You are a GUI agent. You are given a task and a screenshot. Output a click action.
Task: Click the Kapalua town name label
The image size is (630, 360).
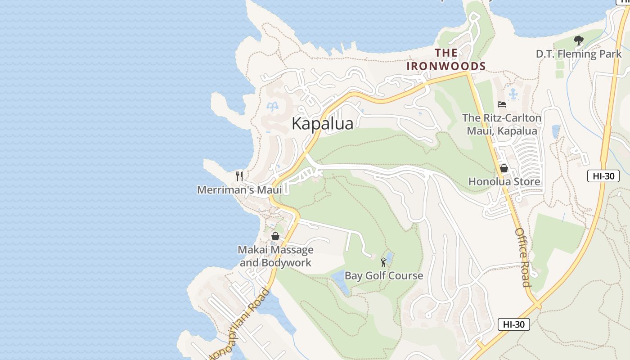pyautogui.click(x=322, y=123)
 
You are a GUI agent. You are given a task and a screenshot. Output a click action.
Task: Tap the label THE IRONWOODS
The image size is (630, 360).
pyautogui.click(x=446, y=59)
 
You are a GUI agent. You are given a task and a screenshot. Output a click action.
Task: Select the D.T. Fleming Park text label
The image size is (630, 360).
pyautogui.click(x=578, y=54)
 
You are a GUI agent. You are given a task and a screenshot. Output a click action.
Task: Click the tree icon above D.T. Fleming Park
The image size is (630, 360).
pyautogui.click(x=578, y=41)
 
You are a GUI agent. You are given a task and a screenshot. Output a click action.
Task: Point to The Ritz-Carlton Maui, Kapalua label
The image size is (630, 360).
pyautogui.click(x=502, y=124)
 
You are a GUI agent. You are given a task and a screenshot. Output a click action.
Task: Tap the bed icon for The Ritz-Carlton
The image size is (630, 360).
pyautogui.click(x=502, y=104)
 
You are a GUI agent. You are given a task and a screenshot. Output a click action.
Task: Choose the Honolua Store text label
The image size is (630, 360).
pyautogui.click(x=504, y=181)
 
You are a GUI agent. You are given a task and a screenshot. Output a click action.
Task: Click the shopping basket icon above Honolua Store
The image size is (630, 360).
pyautogui.click(x=504, y=168)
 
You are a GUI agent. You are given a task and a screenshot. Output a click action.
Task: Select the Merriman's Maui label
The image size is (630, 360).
pyautogui.click(x=239, y=189)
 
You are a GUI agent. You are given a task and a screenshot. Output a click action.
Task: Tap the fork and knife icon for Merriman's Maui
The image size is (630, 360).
pyautogui.click(x=239, y=176)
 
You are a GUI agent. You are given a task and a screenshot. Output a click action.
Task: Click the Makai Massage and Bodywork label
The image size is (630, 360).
pyautogui.click(x=275, y=256)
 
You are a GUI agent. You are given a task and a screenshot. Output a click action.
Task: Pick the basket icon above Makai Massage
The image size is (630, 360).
pyautogui.click(x=275, y=236)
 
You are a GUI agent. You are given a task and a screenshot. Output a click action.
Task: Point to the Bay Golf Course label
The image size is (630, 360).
pyautogui.click(x=384, y=275)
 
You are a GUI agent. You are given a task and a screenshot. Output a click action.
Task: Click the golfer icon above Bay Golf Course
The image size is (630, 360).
pyautogui.click(x=383, y=262)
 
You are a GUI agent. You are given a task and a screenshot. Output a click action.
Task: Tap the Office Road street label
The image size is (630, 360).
pyautogui.click(x=522, y=257)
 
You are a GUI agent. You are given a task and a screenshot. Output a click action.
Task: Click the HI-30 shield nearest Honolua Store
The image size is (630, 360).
pyautogui.click(x=603, y=176)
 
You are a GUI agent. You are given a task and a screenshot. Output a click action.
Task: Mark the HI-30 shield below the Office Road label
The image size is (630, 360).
pyautogui.click(x=513, y=324)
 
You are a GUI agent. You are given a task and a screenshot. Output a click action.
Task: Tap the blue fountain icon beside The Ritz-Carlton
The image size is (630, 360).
pyautogui.click(x=513, y=94)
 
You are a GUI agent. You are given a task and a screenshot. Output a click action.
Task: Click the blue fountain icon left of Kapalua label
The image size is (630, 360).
pyautogui.click(x=272, y=107)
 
